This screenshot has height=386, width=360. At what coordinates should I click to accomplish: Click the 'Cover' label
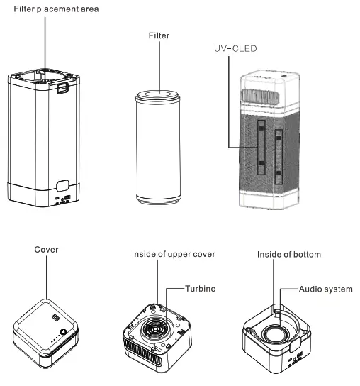click(47, 250)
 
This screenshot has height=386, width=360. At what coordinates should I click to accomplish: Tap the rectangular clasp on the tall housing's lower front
click(62, 187)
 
